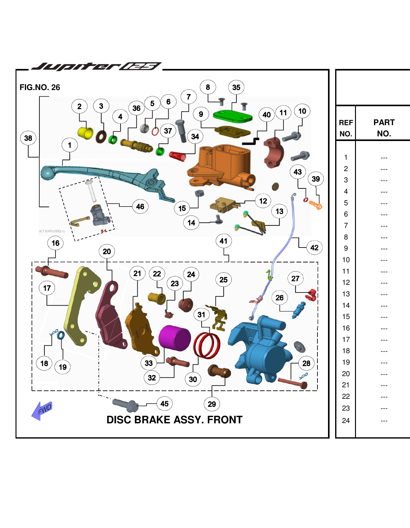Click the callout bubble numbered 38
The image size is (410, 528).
28,138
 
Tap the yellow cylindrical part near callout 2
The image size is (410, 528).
85,133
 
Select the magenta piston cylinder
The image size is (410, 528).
175,338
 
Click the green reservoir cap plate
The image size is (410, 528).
232,116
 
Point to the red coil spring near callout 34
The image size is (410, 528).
178,156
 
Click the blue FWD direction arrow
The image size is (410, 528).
42,411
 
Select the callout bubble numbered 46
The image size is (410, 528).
140,207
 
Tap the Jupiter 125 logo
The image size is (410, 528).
96,66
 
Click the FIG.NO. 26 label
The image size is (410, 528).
40,87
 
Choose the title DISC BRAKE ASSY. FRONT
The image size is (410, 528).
174,420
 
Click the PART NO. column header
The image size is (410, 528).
384,128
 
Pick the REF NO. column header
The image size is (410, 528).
346,128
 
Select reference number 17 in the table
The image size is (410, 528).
346,339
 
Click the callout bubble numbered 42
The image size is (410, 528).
314,248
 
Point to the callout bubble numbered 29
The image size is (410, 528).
212,404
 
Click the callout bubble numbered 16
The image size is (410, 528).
56,243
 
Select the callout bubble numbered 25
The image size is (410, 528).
224,280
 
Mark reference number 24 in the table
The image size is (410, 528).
346,421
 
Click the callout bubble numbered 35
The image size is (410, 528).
236,88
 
